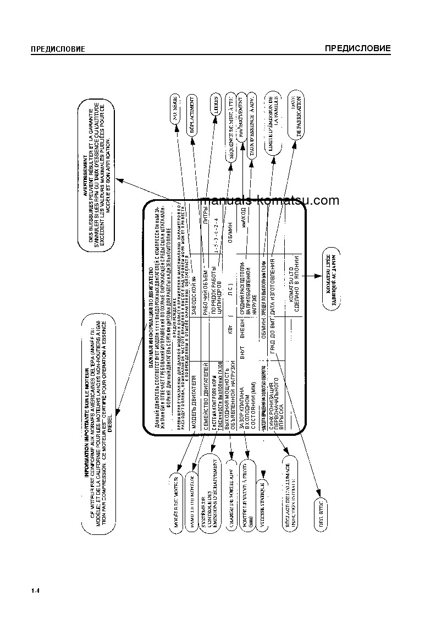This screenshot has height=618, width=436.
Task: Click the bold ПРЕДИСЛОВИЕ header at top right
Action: (x=357, y=48)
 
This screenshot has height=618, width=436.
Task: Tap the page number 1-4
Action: (x=36, y=591)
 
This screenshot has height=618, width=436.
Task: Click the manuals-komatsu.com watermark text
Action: (x=271, y=201)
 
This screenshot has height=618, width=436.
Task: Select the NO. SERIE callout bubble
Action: (x=175, y=112)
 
